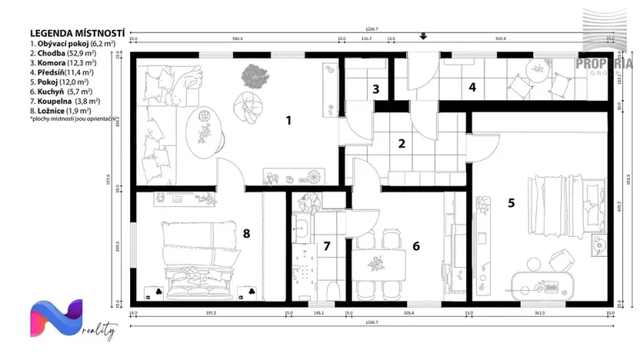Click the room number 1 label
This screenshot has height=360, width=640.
[288, 120]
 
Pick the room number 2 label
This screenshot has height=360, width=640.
[400, 142]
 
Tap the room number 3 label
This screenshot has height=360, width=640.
[375, 89]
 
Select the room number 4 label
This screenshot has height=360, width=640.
[472, 88]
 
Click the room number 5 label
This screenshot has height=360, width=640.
[511, 203]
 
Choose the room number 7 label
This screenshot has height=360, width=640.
[326, 246]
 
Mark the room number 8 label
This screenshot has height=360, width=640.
[246, 232]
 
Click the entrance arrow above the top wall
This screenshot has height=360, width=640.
[423, 36]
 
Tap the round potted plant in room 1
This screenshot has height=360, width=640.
[253, 75]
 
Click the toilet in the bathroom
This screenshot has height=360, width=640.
[332, 290]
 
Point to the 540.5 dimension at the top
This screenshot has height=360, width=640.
[237, 38]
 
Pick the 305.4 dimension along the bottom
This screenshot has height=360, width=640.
[408, 313]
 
